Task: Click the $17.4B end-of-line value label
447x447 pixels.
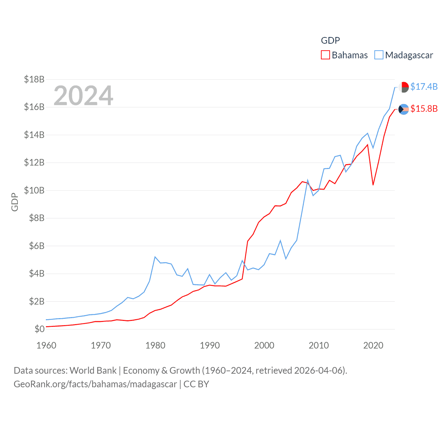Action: (x=424, y=87)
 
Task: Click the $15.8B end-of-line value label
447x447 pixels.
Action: (x=424, y=109)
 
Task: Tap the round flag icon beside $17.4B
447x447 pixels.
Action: (x=404, y=87)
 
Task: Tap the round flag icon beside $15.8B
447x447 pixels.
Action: (x=404, y=109)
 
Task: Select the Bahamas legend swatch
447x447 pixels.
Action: (x=325, y=55)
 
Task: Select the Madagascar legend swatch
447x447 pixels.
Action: (x=379, y=55)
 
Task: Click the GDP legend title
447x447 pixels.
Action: (x=330, y=41)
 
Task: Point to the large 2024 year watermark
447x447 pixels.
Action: (x=83, y=95)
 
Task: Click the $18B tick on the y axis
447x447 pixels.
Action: (x=34, y=79)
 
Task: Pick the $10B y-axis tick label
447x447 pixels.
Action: (x=34, y=190)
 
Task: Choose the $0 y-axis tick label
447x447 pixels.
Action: (x=39, y=329)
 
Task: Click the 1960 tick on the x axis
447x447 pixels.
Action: (x=46, y=345)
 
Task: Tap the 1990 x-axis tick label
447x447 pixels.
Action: (x=210, y=345)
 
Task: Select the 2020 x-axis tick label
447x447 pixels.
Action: (x=373, y=345)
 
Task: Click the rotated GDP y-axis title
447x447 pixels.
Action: (x=15, y=202)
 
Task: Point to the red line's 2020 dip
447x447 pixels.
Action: (x=373, y=184)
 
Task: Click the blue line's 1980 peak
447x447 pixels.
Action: (x=155, y=257)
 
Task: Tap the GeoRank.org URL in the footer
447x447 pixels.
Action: (x=95, y=384)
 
